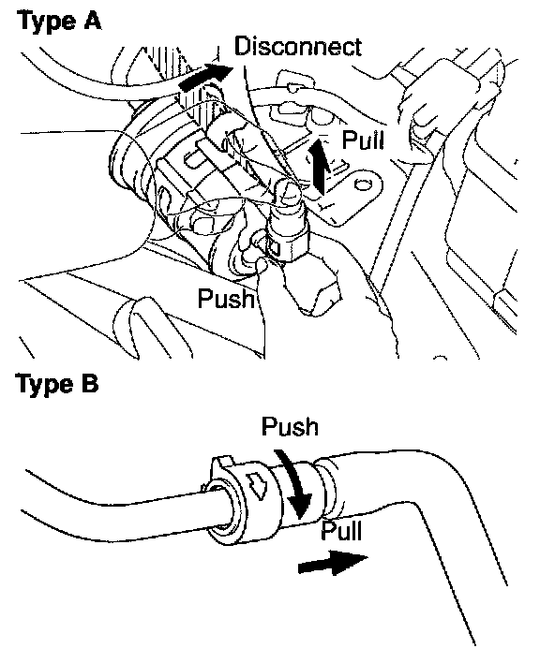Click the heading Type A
59,21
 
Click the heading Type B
57,384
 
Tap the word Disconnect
298,46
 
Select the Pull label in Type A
363,140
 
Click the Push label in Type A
227,298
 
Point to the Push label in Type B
290,426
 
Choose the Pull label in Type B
341,530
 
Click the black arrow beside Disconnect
205,78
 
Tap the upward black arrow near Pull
321,168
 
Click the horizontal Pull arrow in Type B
333,563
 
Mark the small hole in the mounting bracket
361,184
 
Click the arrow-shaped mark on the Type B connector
257,483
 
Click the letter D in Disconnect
243,46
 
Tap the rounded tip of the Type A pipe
289,192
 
